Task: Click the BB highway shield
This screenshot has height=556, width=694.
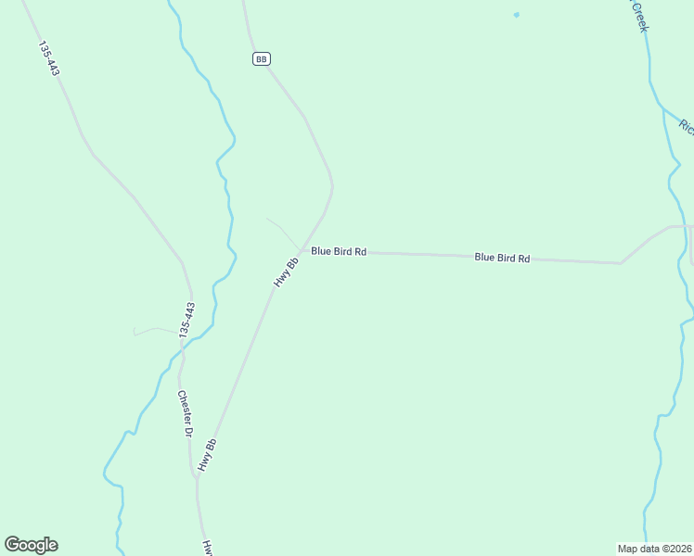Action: [x=261, y=58]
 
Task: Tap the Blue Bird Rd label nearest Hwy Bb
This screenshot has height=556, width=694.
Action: [x=339, y=251]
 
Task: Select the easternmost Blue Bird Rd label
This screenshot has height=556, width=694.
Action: [x=502, y=258]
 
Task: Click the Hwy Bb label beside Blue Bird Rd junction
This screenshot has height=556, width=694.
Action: [x=286, y=271]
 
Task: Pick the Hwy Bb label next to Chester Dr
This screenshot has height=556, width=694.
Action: [x=207, y=454]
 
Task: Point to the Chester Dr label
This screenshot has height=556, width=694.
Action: [x=185, y=413]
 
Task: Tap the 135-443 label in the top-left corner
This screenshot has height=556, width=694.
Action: [x=50, y=57]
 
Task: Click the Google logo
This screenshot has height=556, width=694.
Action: [x=31, y=545]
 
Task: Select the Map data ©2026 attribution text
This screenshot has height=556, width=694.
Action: [x=655, y=549]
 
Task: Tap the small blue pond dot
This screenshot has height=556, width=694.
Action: [x=516, y=15]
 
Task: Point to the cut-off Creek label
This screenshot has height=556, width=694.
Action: [x=638, y=17]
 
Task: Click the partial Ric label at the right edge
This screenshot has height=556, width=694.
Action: [x=686, y=126]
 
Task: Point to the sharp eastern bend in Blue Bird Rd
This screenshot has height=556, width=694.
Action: [x=621, y=263]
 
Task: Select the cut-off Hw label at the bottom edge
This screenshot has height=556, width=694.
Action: [x=209, y=548]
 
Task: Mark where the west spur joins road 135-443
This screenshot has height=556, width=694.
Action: [x=181, y=331]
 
